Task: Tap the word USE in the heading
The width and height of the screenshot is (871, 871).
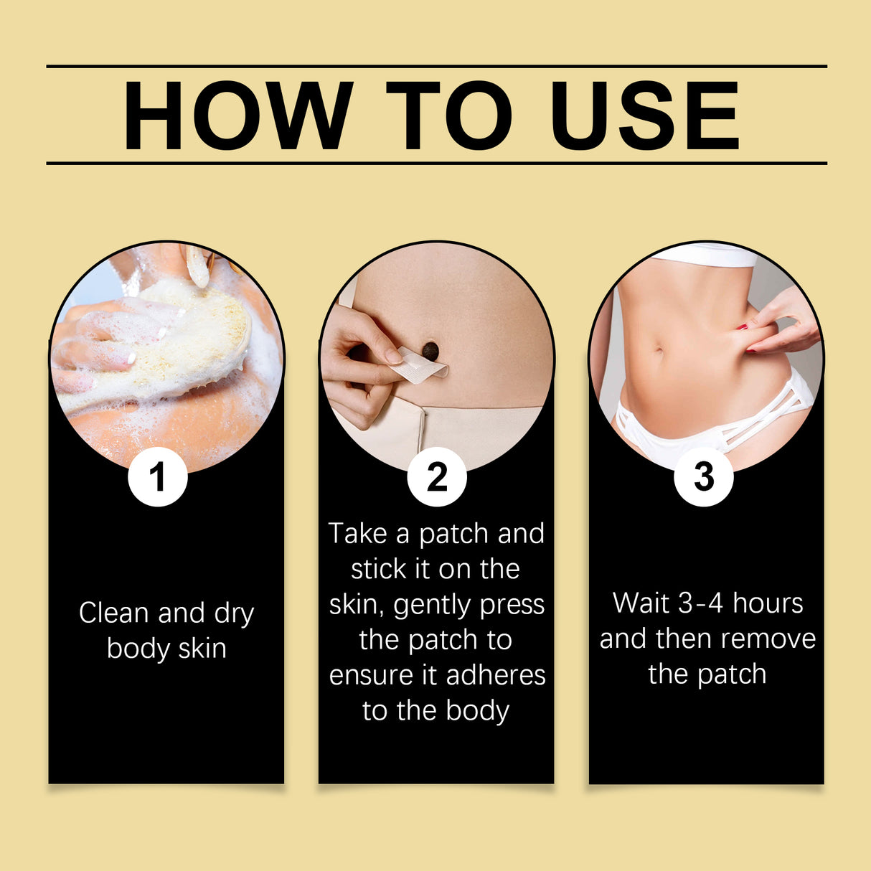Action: tap(644, 116)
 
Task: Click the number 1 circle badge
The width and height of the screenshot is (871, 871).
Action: tap(158, 477)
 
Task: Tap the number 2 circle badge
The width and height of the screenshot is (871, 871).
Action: tap(437, 477)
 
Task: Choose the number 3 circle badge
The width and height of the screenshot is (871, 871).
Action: tap(704, 477)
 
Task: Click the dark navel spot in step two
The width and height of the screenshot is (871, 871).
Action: tap(430, 351)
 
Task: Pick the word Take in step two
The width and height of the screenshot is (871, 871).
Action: tap(357, 534)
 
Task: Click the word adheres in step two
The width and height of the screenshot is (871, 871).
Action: tap(496, 675)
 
